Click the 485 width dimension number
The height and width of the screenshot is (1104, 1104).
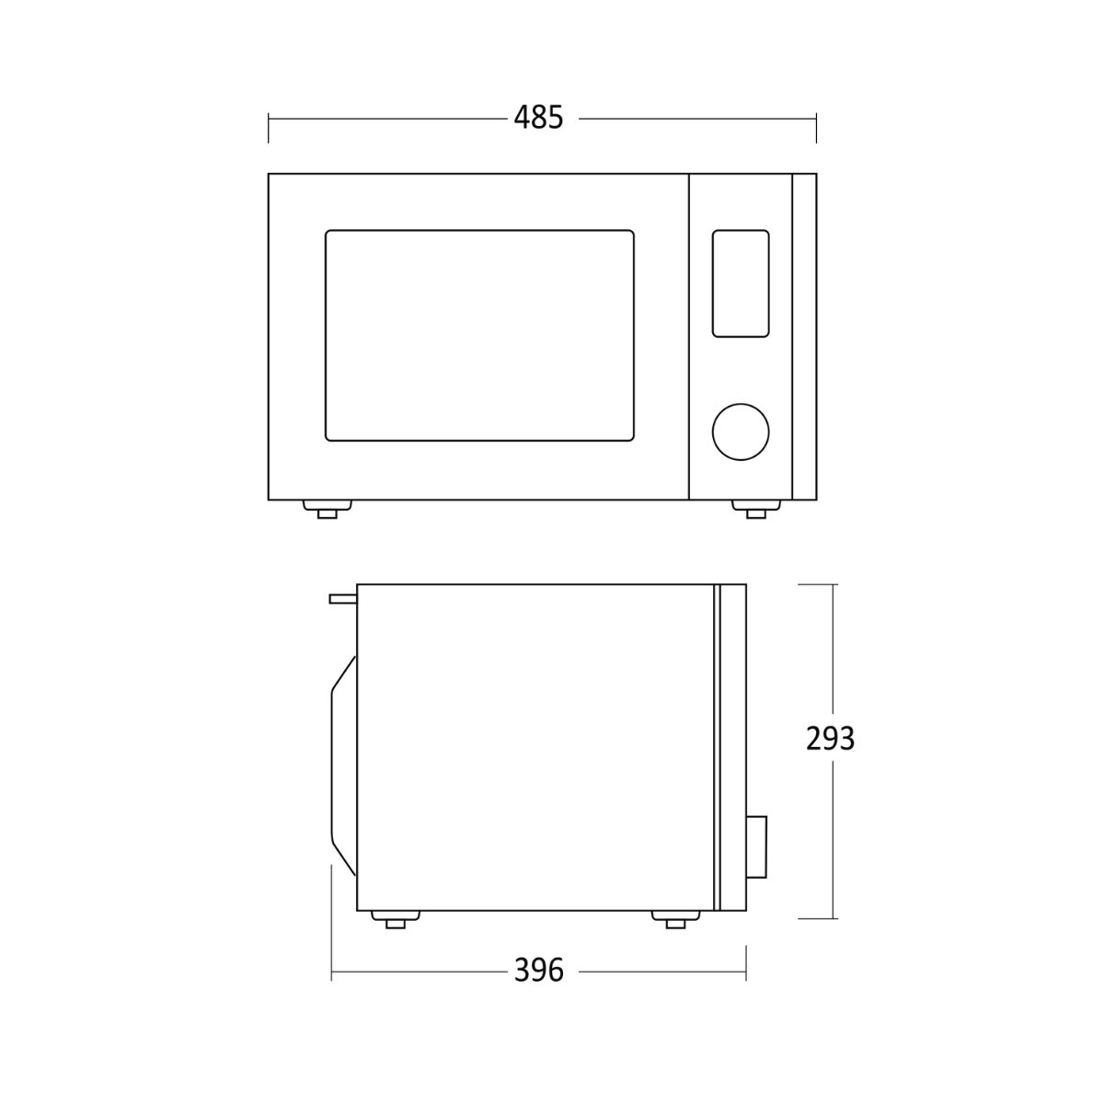(538, 119)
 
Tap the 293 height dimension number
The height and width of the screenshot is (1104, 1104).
(830, 739)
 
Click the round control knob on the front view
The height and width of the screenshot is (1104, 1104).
(741, 432)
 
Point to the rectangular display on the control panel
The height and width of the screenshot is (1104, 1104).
(741, 283)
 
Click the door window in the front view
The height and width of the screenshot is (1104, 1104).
(479, 336)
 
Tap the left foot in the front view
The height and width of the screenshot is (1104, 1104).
(327, 510)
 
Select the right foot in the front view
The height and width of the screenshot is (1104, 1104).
(756, 510)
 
